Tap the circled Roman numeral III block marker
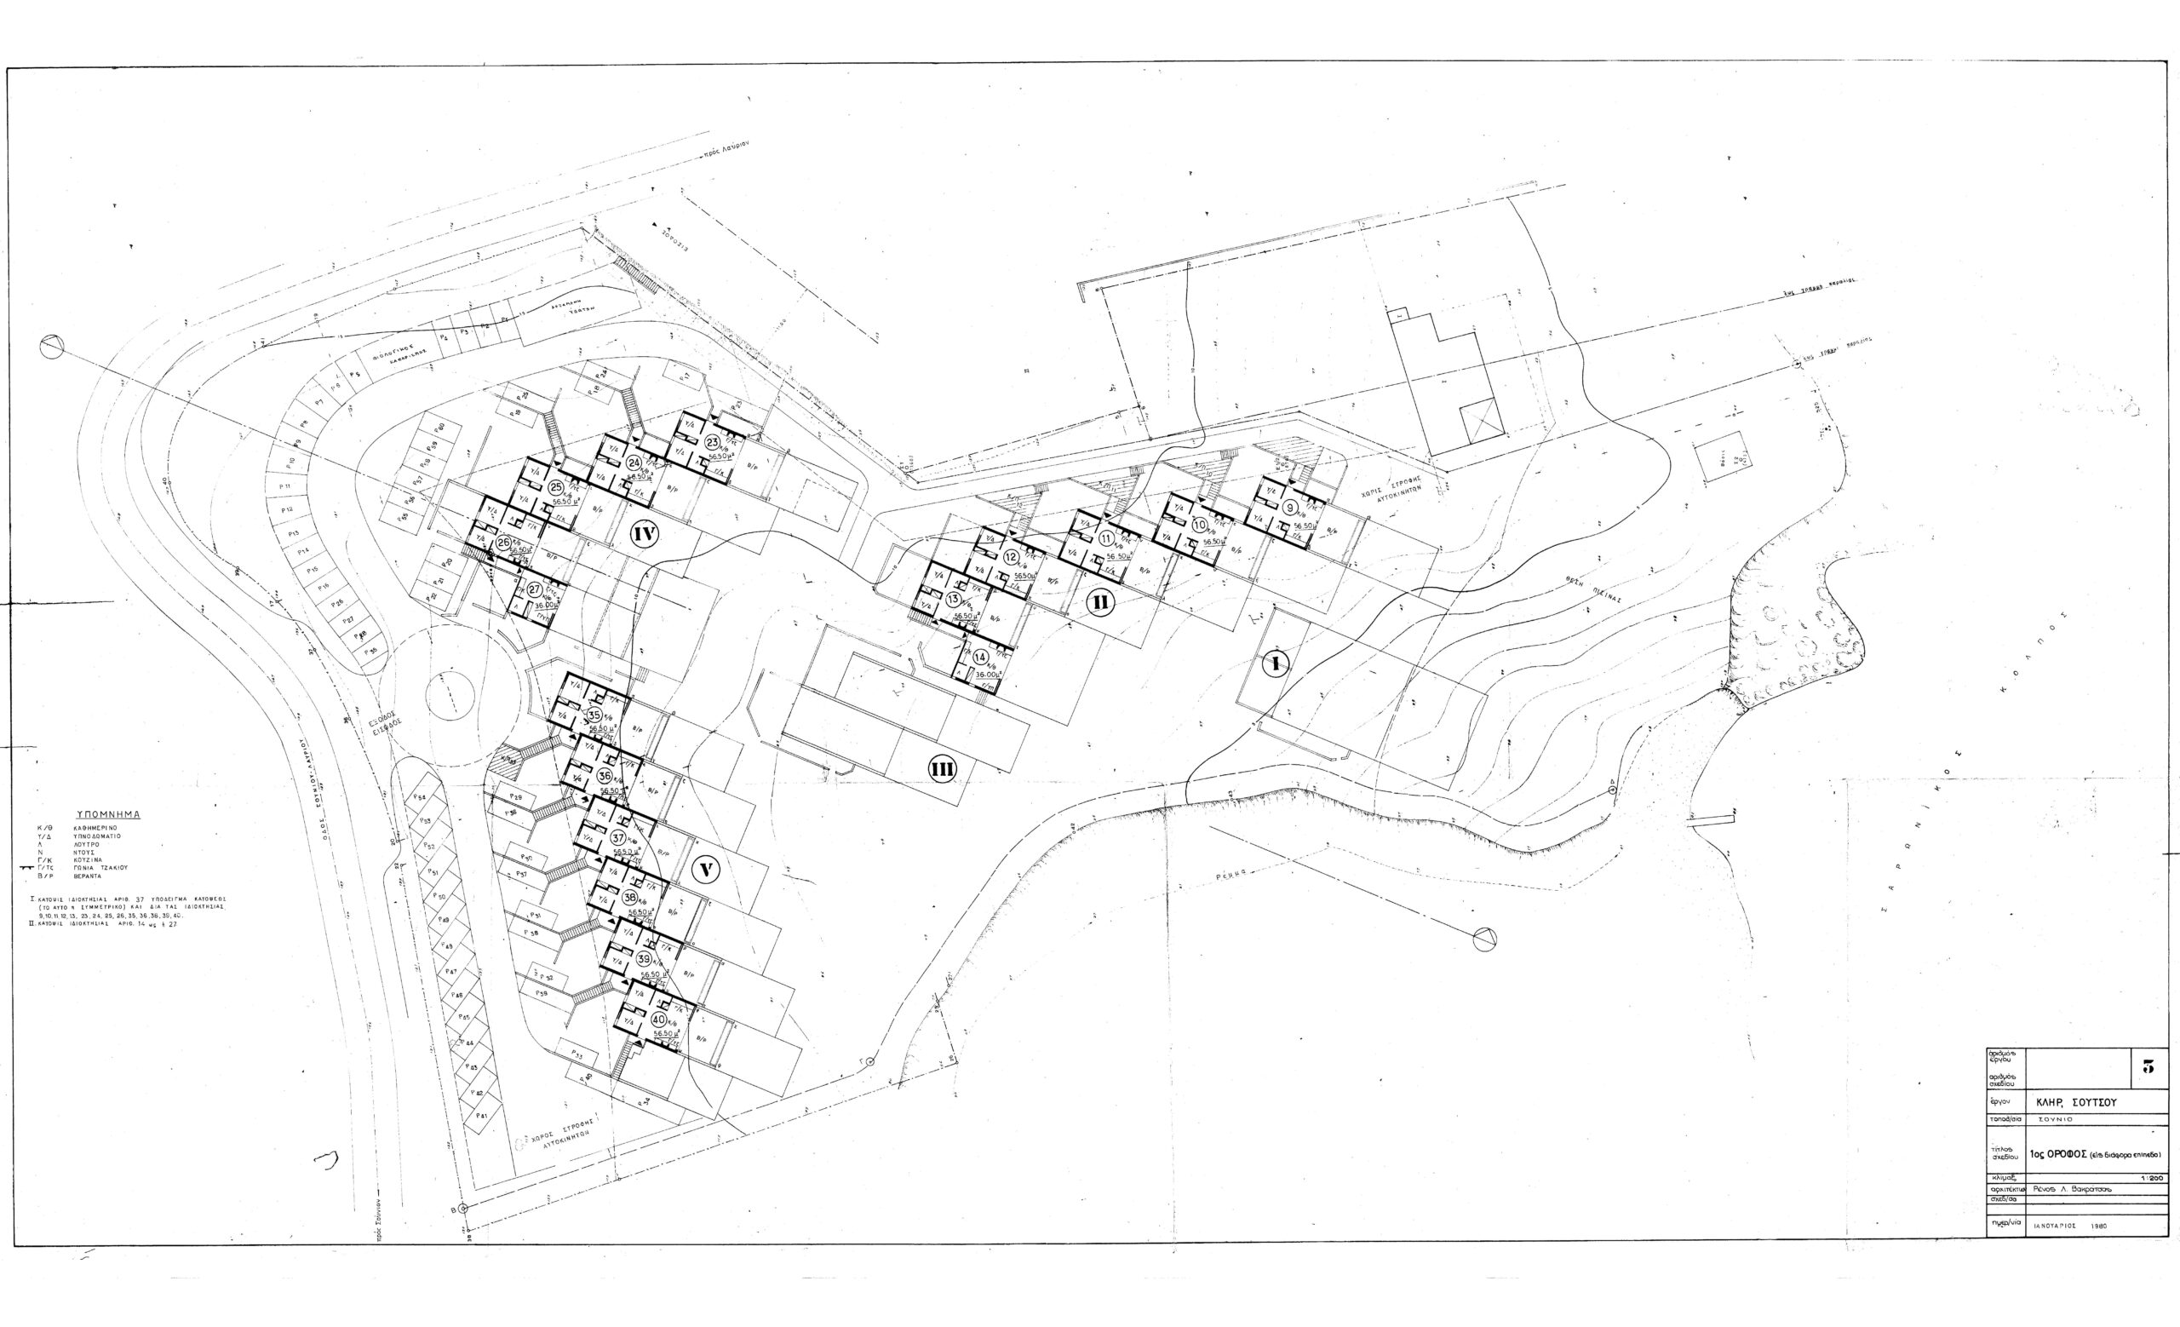941,770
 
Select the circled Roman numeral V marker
705,870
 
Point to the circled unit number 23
712,442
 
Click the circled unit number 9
1290,507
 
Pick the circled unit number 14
979,658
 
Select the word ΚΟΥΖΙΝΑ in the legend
89,859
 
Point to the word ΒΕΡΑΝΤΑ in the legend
89,875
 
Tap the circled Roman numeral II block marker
1099,602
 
